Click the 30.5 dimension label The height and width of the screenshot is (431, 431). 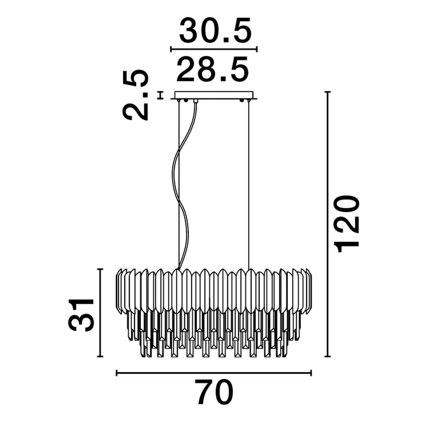point(215,30)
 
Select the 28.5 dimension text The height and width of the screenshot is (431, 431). point(213,70)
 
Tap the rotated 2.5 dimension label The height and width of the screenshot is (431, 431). point(136,95)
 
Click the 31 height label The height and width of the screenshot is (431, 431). point(81,315)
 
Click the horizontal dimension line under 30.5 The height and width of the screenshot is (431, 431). point(214,49)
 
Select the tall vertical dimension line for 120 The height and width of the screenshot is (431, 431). point(327,224)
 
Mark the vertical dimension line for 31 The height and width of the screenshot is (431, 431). point(100,313)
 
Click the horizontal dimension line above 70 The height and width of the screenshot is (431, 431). point(214,373)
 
